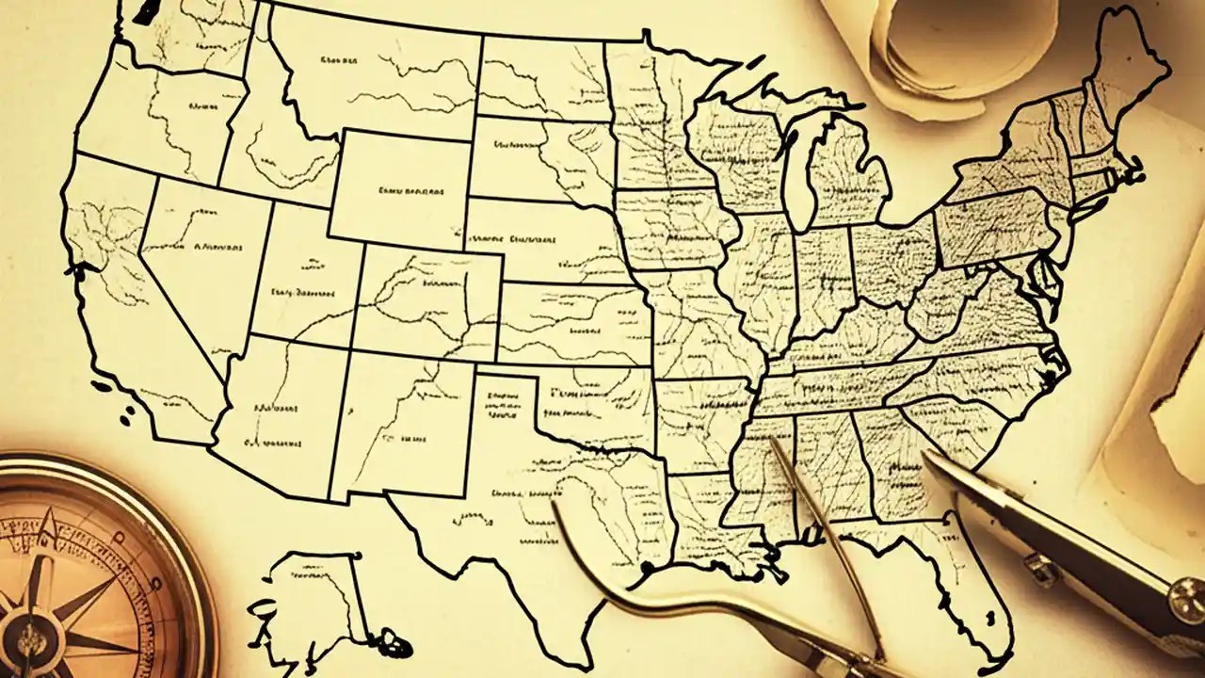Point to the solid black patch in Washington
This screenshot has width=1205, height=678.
coord(146,11)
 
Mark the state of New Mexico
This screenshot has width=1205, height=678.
coord(400,424)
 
